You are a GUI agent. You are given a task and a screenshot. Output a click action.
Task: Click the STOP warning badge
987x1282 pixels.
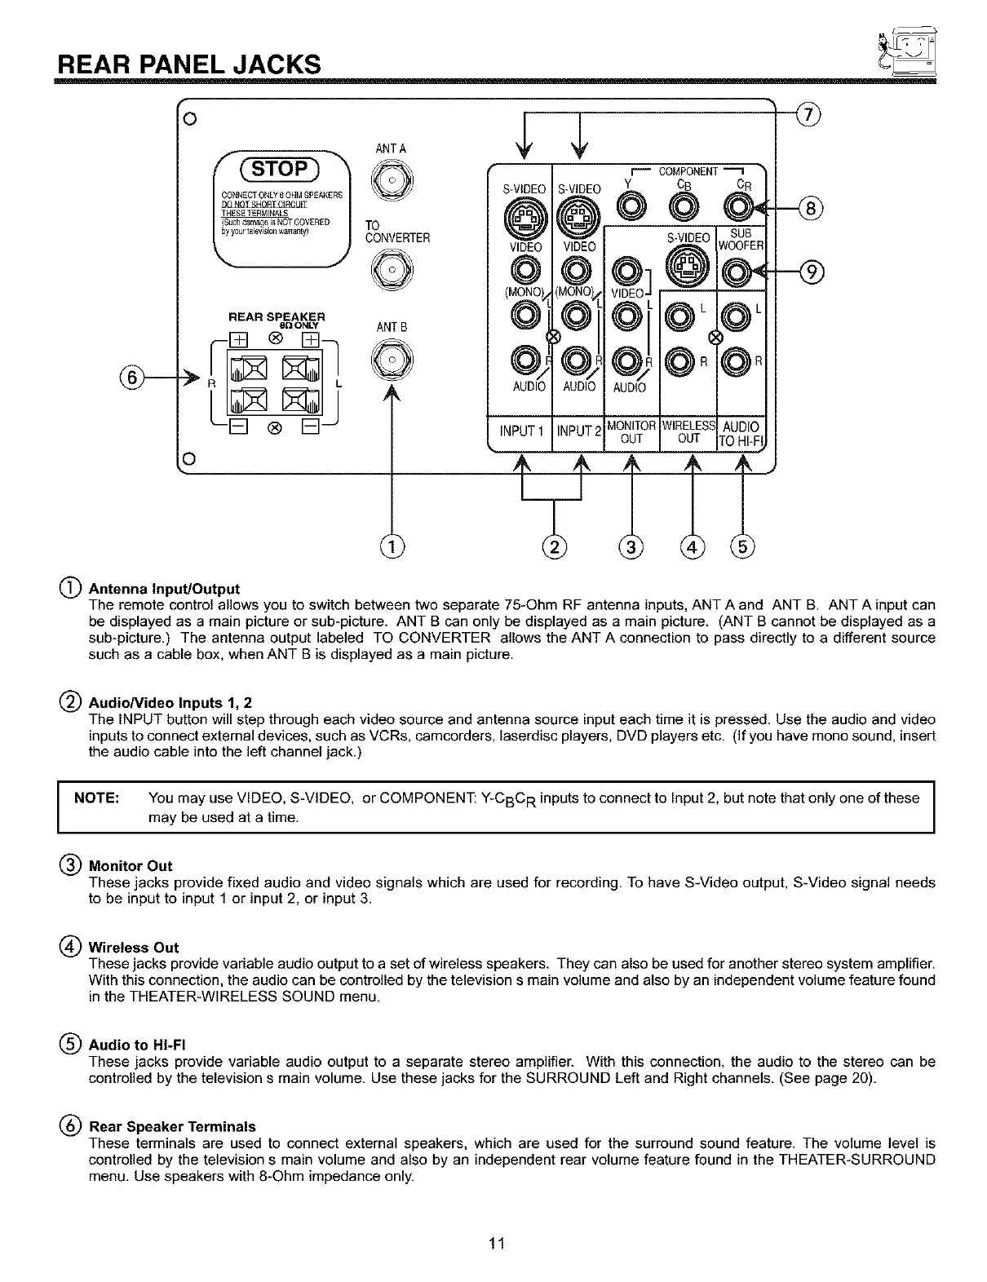point(280,169)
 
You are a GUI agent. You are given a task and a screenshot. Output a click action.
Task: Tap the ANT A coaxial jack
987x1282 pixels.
point(392,179)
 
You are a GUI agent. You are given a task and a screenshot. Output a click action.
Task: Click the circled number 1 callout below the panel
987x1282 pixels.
point(393,546)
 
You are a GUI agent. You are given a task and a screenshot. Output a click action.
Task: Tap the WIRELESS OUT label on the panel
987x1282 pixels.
point(689,432)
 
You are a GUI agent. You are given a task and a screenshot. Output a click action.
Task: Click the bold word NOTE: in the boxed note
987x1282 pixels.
point(97,798)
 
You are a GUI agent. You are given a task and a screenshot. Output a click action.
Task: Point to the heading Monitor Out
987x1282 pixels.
point(131,865)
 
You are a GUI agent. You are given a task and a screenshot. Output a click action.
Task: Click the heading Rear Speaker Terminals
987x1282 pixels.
point(171,1126)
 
